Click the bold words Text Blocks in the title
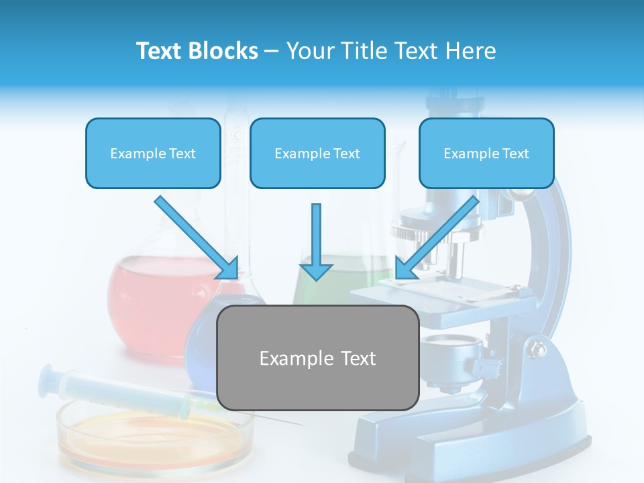pyautogui.click(x=197, y=51)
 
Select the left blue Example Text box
pyautogui.click(x=153, y=154)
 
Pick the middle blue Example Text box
pyautogui.click(x=317, y=154)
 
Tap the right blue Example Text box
pyautogui.click(x=486, y=154)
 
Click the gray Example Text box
pyautogui.click(x=317, y=358)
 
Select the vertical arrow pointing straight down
pyautogui.click(x=316, y=241)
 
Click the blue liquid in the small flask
pyautogui.click(x=201, y=335)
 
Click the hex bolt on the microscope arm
pyautogui.click(x=537, y=349)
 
